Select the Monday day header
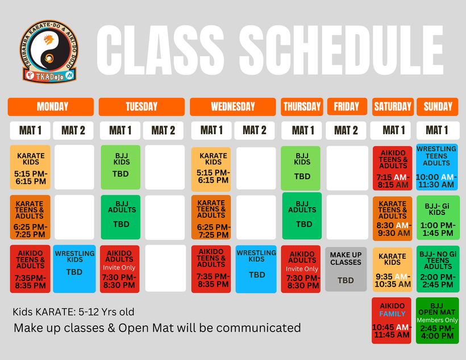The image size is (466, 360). coord(51,106)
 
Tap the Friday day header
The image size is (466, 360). coord(346,106)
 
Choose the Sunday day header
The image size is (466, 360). coord(438,106)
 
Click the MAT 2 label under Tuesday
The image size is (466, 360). coord(164,131)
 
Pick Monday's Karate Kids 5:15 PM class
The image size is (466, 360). coord(30,168)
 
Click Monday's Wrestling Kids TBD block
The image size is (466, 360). coord(74,268)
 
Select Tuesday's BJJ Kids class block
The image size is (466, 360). coord(120,167)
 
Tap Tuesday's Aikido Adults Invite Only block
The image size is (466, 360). coord(120,268)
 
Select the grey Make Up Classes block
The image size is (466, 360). coord(346,269)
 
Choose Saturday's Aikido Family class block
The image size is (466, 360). coord(392,320)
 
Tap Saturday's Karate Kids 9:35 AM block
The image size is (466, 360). coord(392,269)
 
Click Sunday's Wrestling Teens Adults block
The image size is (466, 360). coord(436,167)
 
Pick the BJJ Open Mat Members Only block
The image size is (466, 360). coord(436,320)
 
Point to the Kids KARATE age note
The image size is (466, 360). coord(73,312)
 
